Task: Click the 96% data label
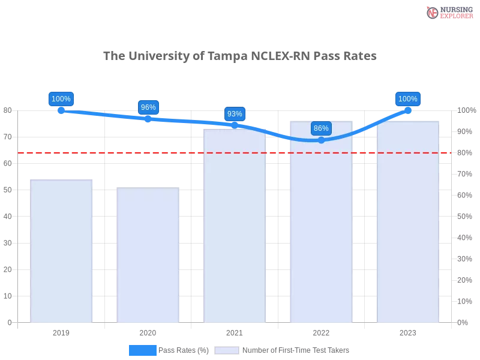148,107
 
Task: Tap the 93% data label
235,114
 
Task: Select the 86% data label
321,128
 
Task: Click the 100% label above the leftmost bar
61,99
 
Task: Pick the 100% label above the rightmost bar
408,99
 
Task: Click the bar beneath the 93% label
235,228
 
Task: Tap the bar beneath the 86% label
321,228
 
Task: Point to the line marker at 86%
321,140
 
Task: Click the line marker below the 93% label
235,125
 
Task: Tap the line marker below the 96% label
148,118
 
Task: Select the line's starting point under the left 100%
61,110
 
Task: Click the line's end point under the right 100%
408,110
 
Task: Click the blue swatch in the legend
143,350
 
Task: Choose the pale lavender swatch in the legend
227,350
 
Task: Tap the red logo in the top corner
433,13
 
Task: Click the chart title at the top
240,56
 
